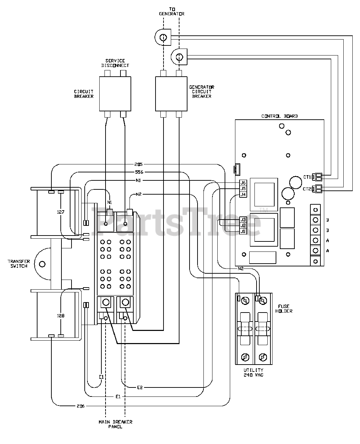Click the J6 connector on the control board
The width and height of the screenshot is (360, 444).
pos(243,183)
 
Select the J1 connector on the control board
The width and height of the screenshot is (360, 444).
pos(243,231)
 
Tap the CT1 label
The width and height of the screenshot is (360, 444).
pos(307,177)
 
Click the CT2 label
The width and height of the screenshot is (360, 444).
pos(307,189)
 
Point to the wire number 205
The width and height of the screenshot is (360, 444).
pos(139,164)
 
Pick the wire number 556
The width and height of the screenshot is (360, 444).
pos(139,172)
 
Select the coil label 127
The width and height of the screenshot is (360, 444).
pos(61,212)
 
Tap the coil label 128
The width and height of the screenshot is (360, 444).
pos(61,316)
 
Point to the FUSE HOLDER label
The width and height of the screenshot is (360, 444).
pos(284,309)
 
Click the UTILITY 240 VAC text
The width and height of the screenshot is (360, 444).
pos(254,373)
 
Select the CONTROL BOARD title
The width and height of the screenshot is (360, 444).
pos(279,116)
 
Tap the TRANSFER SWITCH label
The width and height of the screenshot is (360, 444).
pos(19,264)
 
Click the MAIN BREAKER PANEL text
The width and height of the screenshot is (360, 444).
pos(116,424)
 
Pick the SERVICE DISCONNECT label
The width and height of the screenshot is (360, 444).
pos(115,63)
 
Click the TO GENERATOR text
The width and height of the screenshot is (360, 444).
pos(171,11)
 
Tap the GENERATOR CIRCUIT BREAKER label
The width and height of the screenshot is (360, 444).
pos(202,92)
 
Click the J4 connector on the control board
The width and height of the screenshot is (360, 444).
pos(243,195)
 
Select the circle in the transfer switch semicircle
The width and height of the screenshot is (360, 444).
pos(42,264)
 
